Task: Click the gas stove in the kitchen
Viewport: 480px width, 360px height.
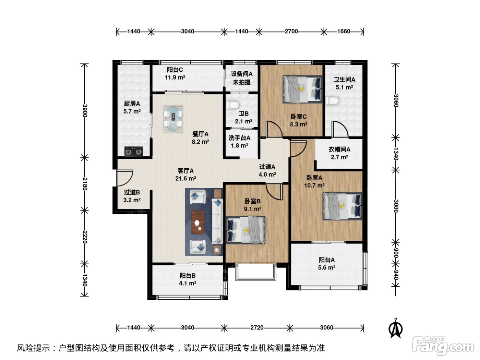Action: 134,151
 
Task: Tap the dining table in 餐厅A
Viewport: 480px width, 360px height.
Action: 173,119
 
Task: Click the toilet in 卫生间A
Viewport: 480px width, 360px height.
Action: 332,101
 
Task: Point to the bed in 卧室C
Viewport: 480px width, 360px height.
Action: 302,89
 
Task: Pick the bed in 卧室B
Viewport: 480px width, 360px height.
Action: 245,230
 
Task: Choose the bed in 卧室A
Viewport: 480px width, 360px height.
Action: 343,206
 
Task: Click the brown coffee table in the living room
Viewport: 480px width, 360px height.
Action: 198,222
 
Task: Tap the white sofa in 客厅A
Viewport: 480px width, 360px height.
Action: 217,221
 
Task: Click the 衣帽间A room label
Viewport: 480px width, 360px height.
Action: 339,149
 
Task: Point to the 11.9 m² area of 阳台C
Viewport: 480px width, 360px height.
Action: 175,77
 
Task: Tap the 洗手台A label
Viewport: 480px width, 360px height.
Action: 239,138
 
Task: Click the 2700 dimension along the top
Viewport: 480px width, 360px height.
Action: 291,32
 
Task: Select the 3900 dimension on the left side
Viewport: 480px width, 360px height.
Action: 85,111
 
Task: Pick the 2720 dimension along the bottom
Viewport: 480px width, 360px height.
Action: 257,328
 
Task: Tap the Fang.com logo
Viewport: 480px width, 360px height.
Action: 443,346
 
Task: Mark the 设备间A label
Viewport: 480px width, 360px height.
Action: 242,74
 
